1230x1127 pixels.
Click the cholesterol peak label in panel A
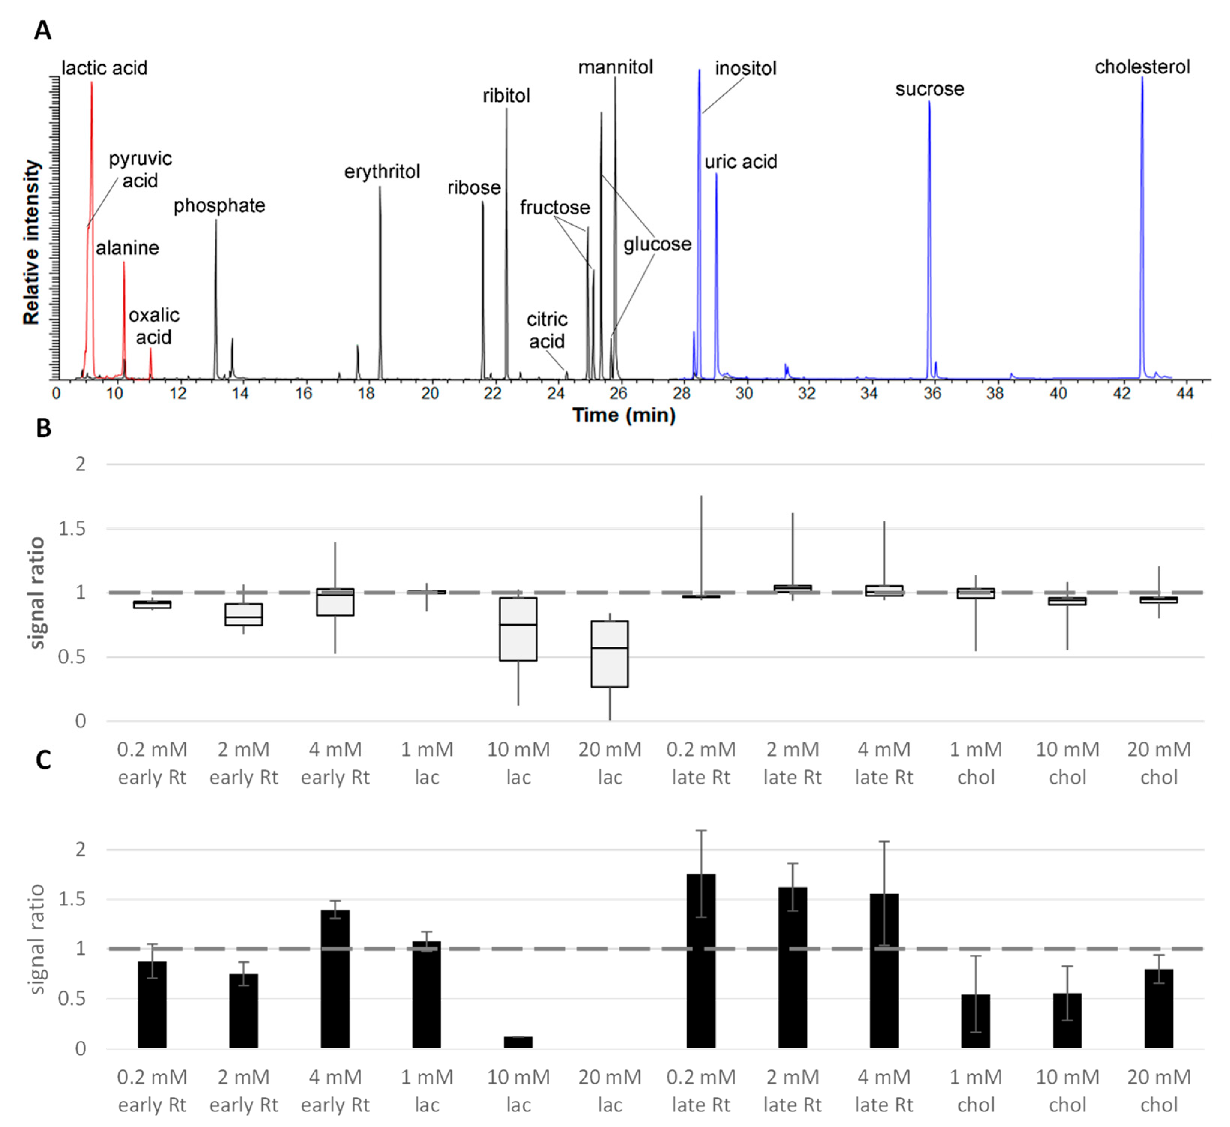(1142, 67)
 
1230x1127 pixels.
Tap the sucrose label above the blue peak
(929, 90)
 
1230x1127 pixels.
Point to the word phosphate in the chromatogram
(219, 206)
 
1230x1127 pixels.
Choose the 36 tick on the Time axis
(932, 394)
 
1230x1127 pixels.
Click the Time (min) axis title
(624, 416)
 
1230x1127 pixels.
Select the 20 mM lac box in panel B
(609, 654)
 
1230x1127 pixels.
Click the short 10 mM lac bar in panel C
(518, 1042)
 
